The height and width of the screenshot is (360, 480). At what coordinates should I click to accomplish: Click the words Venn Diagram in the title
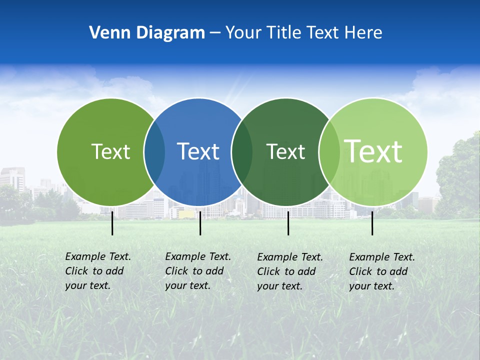point(147,33)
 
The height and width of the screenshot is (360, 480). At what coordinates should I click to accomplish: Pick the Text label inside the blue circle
point(198,151)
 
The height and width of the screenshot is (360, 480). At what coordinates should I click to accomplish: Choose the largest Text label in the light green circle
point(373,151)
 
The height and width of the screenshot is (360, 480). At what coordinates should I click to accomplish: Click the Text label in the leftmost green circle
point(110,151)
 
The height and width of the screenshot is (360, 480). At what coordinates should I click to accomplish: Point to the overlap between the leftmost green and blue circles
point(154,152)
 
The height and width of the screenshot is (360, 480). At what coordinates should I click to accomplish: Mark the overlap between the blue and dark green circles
point(242,152)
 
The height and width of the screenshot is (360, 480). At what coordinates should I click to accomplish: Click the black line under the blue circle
point(200,223)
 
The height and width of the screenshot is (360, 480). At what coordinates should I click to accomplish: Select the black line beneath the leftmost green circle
point(112,223)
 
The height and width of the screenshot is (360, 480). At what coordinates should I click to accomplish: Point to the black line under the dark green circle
point(288,223)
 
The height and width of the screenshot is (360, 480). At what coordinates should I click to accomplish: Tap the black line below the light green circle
point(372,223)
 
